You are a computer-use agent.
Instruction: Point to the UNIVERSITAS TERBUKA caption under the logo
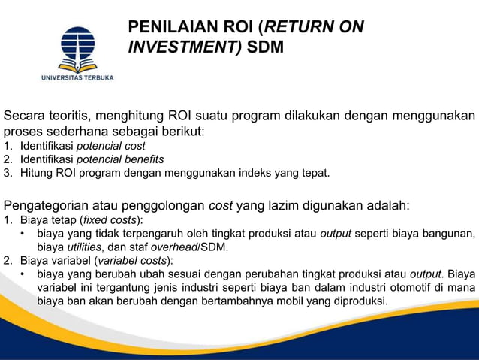point(77,77)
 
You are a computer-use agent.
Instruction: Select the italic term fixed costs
point(110,219)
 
